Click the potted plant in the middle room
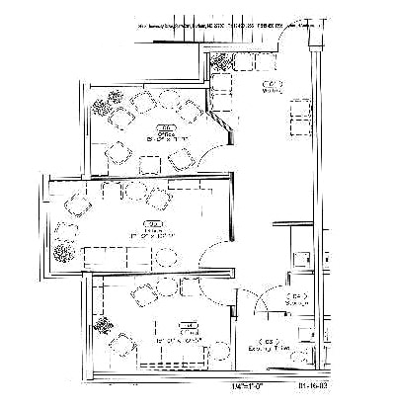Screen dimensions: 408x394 pos(65,252)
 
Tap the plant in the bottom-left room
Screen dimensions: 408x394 pos(101,326)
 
